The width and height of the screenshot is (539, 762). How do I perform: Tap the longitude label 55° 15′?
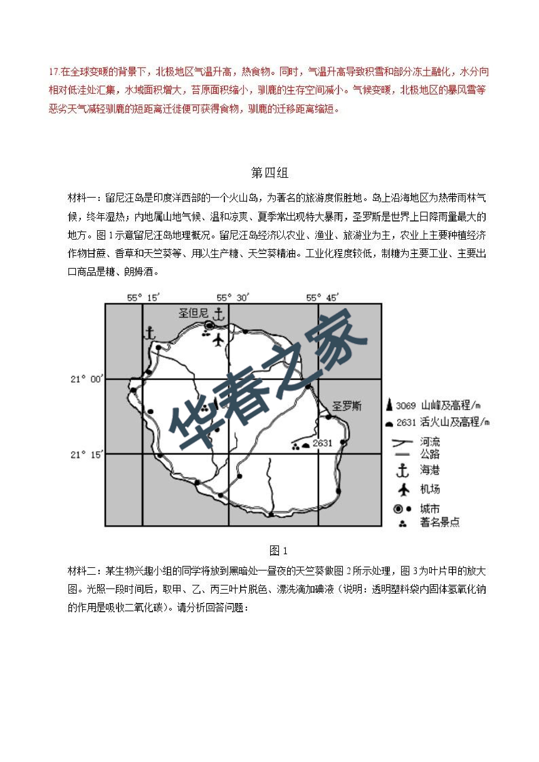(x=143, y=298)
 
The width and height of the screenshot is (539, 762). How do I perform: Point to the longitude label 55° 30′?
(x=232, y=298)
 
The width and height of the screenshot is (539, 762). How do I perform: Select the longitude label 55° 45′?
(x=322, y=298)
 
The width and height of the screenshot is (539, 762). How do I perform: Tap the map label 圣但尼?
(x=193, y=313)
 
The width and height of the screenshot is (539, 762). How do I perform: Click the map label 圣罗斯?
(x=347, y=406)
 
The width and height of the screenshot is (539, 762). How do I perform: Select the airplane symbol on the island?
(x=218, y=340)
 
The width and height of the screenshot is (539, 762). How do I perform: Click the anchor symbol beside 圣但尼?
(x=219, y=314)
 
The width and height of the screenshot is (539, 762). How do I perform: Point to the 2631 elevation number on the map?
(x=322, y=443)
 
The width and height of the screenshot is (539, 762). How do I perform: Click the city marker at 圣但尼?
(x=210, y=324)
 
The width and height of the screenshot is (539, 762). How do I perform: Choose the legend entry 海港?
(x=430, y=470)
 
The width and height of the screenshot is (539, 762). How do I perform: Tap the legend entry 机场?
(x=430, y=489)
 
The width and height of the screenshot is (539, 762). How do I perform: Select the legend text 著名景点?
(x=440, y=523)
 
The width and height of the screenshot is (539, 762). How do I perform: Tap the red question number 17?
(x=54, y=72)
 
